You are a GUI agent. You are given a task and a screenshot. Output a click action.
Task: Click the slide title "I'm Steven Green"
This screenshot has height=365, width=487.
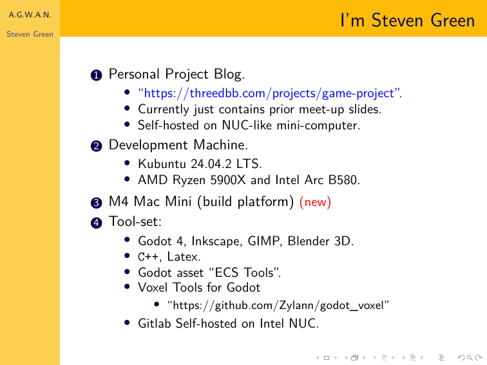[x=408, y=21]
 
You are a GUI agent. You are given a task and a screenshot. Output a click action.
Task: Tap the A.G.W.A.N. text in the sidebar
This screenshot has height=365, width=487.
[x=30, y=15]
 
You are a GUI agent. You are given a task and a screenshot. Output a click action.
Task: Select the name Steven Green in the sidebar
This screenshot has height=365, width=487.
[x=30, y=34]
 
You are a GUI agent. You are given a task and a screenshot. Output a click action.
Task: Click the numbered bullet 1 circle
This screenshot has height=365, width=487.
[x=96, y=75]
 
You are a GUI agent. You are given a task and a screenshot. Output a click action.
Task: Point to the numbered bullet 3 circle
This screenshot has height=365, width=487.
[x=96, y=203]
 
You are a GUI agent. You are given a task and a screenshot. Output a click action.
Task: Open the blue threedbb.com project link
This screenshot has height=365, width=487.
[x=270, y=93]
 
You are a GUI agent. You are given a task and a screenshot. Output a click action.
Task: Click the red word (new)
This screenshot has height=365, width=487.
[x=315, y=202]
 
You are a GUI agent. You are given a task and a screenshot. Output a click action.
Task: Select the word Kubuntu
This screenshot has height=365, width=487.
[x=162, y=164]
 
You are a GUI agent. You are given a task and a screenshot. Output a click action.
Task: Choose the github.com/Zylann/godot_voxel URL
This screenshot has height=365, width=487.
[x=278, y=305]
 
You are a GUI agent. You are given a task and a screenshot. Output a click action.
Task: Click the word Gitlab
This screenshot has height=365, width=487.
[x=155, y=323]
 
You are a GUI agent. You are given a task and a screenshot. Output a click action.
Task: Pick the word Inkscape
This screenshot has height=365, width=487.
[x=216, y=241]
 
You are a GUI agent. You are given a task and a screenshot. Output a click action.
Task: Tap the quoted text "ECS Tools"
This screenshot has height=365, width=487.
[x=244, y=272]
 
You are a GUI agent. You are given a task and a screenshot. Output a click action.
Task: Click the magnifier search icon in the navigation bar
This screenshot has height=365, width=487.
[x=470, y=358]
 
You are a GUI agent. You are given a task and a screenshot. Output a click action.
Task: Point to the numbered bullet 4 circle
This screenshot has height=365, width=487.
[x=96, y=223]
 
